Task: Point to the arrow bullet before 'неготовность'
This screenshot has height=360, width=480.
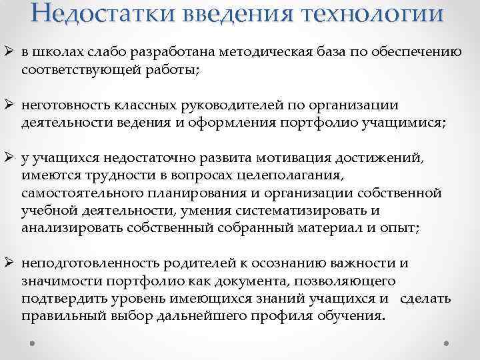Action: [x=11, y=106]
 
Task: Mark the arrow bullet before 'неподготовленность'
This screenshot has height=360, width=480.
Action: [x=11, y=263]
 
